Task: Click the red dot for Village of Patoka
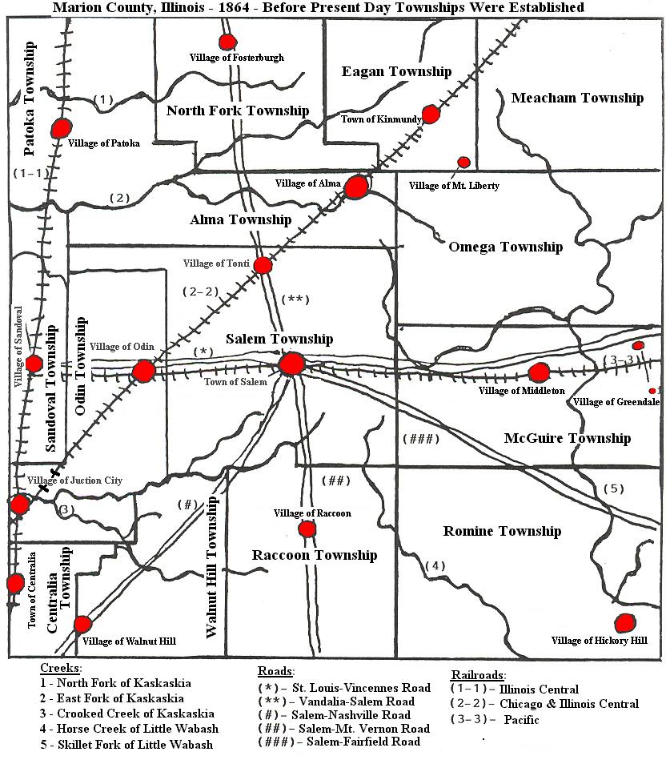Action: [x=60, y=128]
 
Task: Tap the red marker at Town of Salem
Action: [x=291, y=365]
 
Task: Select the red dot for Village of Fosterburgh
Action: [x=227, y=42]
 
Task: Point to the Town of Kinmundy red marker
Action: [x=431, y=114]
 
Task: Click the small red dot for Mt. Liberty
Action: [x=463, y=163]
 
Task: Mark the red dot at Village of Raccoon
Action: [x=307, y=529]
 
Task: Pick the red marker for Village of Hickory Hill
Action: [x=625, y=622]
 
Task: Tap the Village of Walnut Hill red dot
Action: [x=82, y=625]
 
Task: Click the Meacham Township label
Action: [x=576, y=98]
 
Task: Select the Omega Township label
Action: [x=505, y=247]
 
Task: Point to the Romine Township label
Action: [x=502, y=531]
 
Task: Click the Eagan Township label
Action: [x=396, y=71]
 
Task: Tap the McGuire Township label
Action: [x=567, y=438]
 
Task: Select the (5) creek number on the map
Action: [x=612, y=489]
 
